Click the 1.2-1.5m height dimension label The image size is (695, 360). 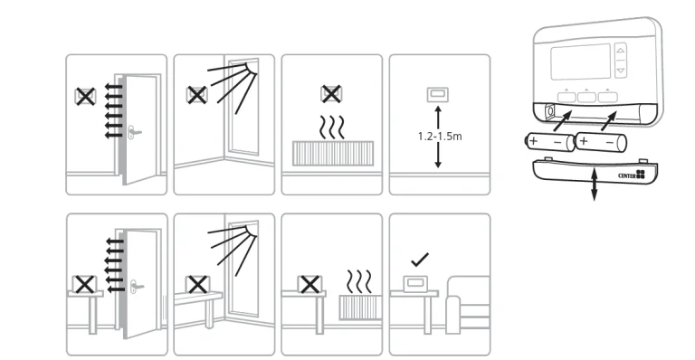click(x=440, y=137)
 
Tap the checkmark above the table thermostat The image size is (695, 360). click(x=420, y=260)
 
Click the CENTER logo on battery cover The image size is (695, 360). click(x=632, y=175)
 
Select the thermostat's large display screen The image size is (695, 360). click(x=581, y=62)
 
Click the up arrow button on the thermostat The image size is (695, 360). click(x=621, y=51)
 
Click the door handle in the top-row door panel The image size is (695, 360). click(x=134, y=132)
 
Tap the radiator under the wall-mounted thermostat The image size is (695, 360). click(x=333, y=153)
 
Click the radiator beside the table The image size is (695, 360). click(x=360, y=308)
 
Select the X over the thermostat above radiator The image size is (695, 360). click(x=330, y=94)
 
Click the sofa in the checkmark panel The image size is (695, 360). click(x=468, y=305)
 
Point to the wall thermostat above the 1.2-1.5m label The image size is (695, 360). click(x=437, y=95)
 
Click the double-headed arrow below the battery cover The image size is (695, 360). click(x=594, y=185)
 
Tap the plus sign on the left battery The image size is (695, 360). click(x=533, y=141)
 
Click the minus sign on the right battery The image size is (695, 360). click(x=609, y=143)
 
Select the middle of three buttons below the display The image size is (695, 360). click(x=586, y=96)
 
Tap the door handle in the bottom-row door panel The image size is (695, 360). click(x=137, y=287)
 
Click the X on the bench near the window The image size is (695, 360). click(x=197, y=285)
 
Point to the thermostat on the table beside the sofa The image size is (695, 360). click(x=414, y=283)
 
